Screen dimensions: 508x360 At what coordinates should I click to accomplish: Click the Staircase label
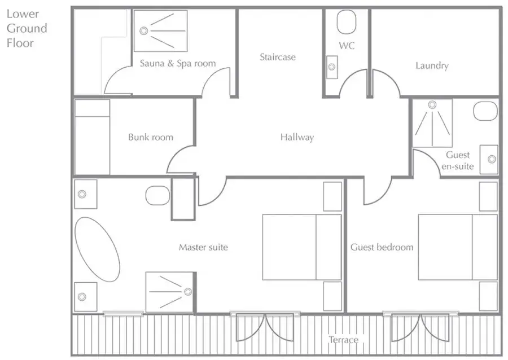click(278, 58)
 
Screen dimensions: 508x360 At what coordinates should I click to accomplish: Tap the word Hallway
click(297, 137)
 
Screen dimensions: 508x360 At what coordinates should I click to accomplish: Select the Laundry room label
click(432, 65)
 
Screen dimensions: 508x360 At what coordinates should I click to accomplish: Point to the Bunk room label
click(151, 137)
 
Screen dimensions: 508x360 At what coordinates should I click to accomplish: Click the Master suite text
click(203, 247)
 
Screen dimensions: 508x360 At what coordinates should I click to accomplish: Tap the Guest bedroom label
click(382, 247)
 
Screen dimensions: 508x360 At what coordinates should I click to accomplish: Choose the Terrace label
click(343, 340)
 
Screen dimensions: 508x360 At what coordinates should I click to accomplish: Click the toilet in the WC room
click(347, 21)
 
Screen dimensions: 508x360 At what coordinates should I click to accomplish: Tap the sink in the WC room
click(332, 67)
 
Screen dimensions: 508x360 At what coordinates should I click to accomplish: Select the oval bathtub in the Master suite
click(97, 249)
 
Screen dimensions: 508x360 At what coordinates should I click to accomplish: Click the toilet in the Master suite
click(158, 196)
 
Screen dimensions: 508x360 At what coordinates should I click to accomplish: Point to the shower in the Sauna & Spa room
click(161, 31)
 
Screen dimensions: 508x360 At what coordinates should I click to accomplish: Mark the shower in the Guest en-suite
click(432, 123)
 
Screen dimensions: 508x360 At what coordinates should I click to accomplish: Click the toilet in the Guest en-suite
click(485, 111)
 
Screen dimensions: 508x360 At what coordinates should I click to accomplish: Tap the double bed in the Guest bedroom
click(458, 247)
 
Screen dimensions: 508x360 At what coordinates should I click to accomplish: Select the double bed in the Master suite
click(301, 247)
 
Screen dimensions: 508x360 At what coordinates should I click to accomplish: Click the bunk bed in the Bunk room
click(93, 137)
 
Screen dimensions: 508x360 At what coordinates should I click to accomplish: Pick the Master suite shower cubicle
click(170, 292)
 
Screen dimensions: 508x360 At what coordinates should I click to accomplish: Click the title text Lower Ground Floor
click(27, 28)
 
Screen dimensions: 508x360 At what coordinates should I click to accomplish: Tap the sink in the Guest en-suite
click(489, 159)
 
